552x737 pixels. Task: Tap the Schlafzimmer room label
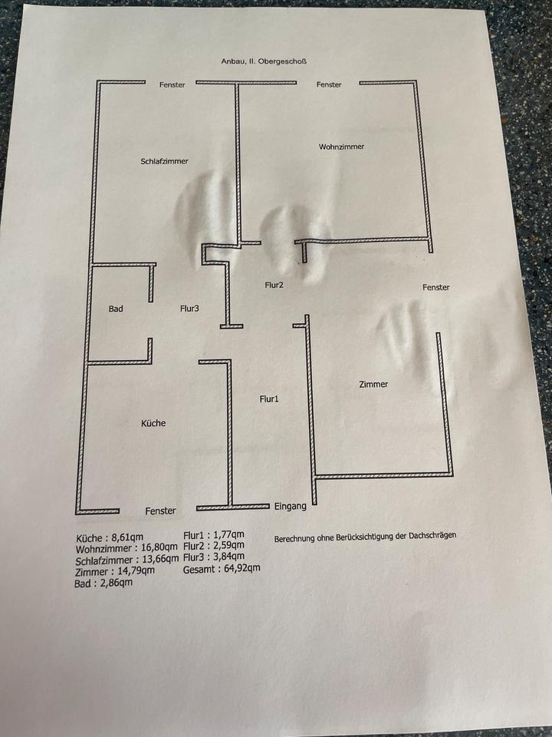[164, 161]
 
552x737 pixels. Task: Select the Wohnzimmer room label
[341, 147]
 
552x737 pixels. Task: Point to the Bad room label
[116, 309]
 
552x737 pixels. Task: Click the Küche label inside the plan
[153, 423]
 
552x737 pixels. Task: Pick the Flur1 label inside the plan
[269, 399]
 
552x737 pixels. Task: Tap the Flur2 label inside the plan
[274, 285]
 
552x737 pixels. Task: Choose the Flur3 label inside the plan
[189, 309]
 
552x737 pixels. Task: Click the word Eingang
[291, 506]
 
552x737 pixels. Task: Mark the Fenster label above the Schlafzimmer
[172, 85]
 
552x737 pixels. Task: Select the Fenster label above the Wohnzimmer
[329, 84]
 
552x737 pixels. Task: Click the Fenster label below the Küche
[160, 511]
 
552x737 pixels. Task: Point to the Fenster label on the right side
[435, 288]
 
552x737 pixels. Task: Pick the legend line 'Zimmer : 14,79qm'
[115, 570]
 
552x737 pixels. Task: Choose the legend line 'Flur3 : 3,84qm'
[214, 557]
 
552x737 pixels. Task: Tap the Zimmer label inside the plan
[373, 384]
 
